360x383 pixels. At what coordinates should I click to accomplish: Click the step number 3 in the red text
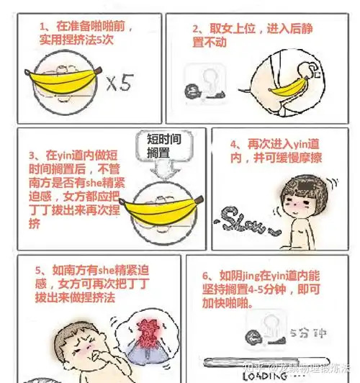32,155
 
